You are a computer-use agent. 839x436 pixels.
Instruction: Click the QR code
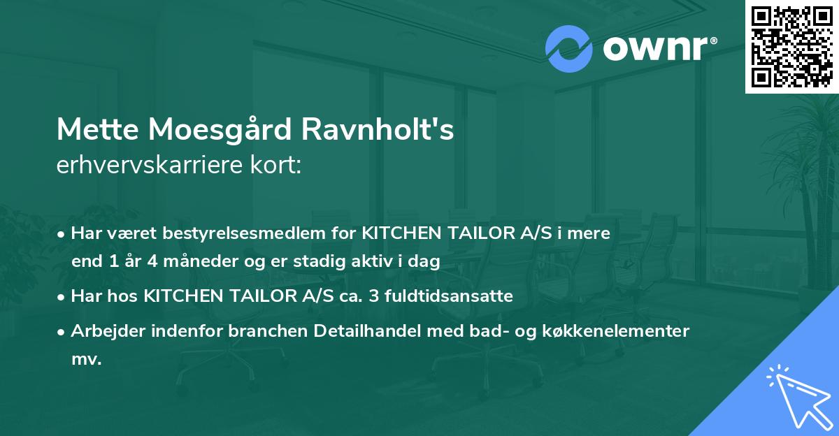[x=791, y=47]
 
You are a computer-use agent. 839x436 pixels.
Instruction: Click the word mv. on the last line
[x=86, y=360]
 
